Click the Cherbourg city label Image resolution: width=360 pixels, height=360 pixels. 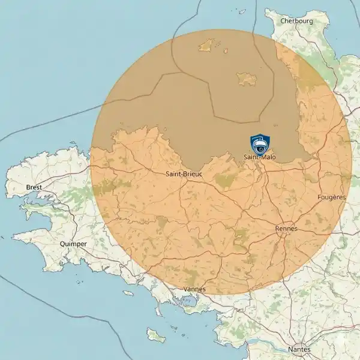[296, 21]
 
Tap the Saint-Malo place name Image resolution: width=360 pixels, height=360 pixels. [259, 157]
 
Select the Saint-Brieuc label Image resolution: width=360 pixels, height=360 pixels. [183, 174]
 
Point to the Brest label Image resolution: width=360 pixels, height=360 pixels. [34, 187]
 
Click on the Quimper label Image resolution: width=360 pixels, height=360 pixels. [73, 244]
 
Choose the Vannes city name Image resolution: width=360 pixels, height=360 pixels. [194, 289]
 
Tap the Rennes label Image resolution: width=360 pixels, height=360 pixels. [286, 229]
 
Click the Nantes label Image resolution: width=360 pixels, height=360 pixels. [299, 349]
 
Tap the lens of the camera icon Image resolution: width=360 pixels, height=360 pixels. [260, 148]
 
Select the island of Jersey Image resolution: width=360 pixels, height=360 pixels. [247, 78]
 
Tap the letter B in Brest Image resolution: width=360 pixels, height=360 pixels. [28, 187]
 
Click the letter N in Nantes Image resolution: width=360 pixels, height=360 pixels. [290, 349]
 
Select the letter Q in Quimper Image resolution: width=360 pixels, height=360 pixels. [62, 244]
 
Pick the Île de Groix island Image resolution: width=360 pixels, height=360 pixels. [128, 292]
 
